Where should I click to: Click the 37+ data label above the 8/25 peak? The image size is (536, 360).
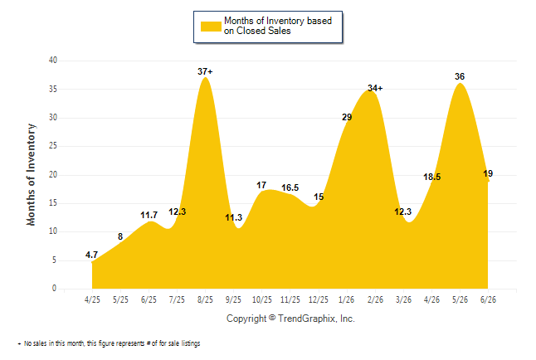[x=205, y=71]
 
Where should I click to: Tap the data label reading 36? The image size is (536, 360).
[x=460, y=76]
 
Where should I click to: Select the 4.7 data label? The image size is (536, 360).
[x=91, y=255]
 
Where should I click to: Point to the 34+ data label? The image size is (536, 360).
[x=375, y=88]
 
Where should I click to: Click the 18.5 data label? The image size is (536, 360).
[x=432, y=177]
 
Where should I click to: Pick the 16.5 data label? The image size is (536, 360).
[x=290, y=187]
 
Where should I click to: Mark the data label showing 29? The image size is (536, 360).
[x=347, y=117]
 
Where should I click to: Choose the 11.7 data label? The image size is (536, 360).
[x=149, y=215]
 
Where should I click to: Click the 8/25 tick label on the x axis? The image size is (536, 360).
[x=205, y=299]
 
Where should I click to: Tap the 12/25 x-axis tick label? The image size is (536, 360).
[x=319, y=299]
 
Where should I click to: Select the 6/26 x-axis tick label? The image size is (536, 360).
[x=488, y=299]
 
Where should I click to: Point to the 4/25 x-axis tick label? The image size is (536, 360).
[x=92, y=299]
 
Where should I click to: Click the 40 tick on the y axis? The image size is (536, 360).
[x=53, y=61]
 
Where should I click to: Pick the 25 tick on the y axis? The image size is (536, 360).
[x=53, y=146]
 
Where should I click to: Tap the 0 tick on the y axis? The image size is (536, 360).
[x=54, y=288]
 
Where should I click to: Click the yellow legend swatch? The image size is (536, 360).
[x=211, y=27]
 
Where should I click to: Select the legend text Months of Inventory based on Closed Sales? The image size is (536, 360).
[x=278, y=26]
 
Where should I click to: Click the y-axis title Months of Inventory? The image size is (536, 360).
[x=31, y=175]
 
